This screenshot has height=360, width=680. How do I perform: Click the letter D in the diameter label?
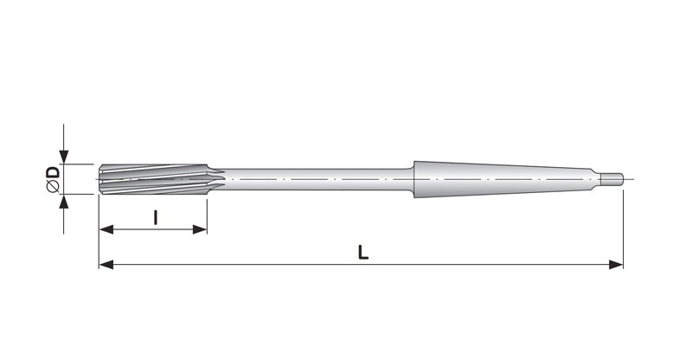[x=53, y=173]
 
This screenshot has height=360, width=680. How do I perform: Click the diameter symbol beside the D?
[x=53, y=187]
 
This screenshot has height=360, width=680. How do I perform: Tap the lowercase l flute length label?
[x=156, y=217]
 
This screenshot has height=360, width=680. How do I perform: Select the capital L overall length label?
[x=363, y=253]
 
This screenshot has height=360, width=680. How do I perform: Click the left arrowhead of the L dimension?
[x=106, y=264]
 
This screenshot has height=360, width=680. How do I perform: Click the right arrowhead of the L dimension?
[x=616, y=264]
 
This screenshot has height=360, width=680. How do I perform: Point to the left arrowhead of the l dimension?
[x=106, y=229]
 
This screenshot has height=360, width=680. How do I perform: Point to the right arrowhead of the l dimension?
[x=200, y=229]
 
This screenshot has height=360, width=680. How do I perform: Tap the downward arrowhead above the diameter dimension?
[x=64, y=157]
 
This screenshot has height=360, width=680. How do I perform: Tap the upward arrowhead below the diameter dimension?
[x=64, y=202]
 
